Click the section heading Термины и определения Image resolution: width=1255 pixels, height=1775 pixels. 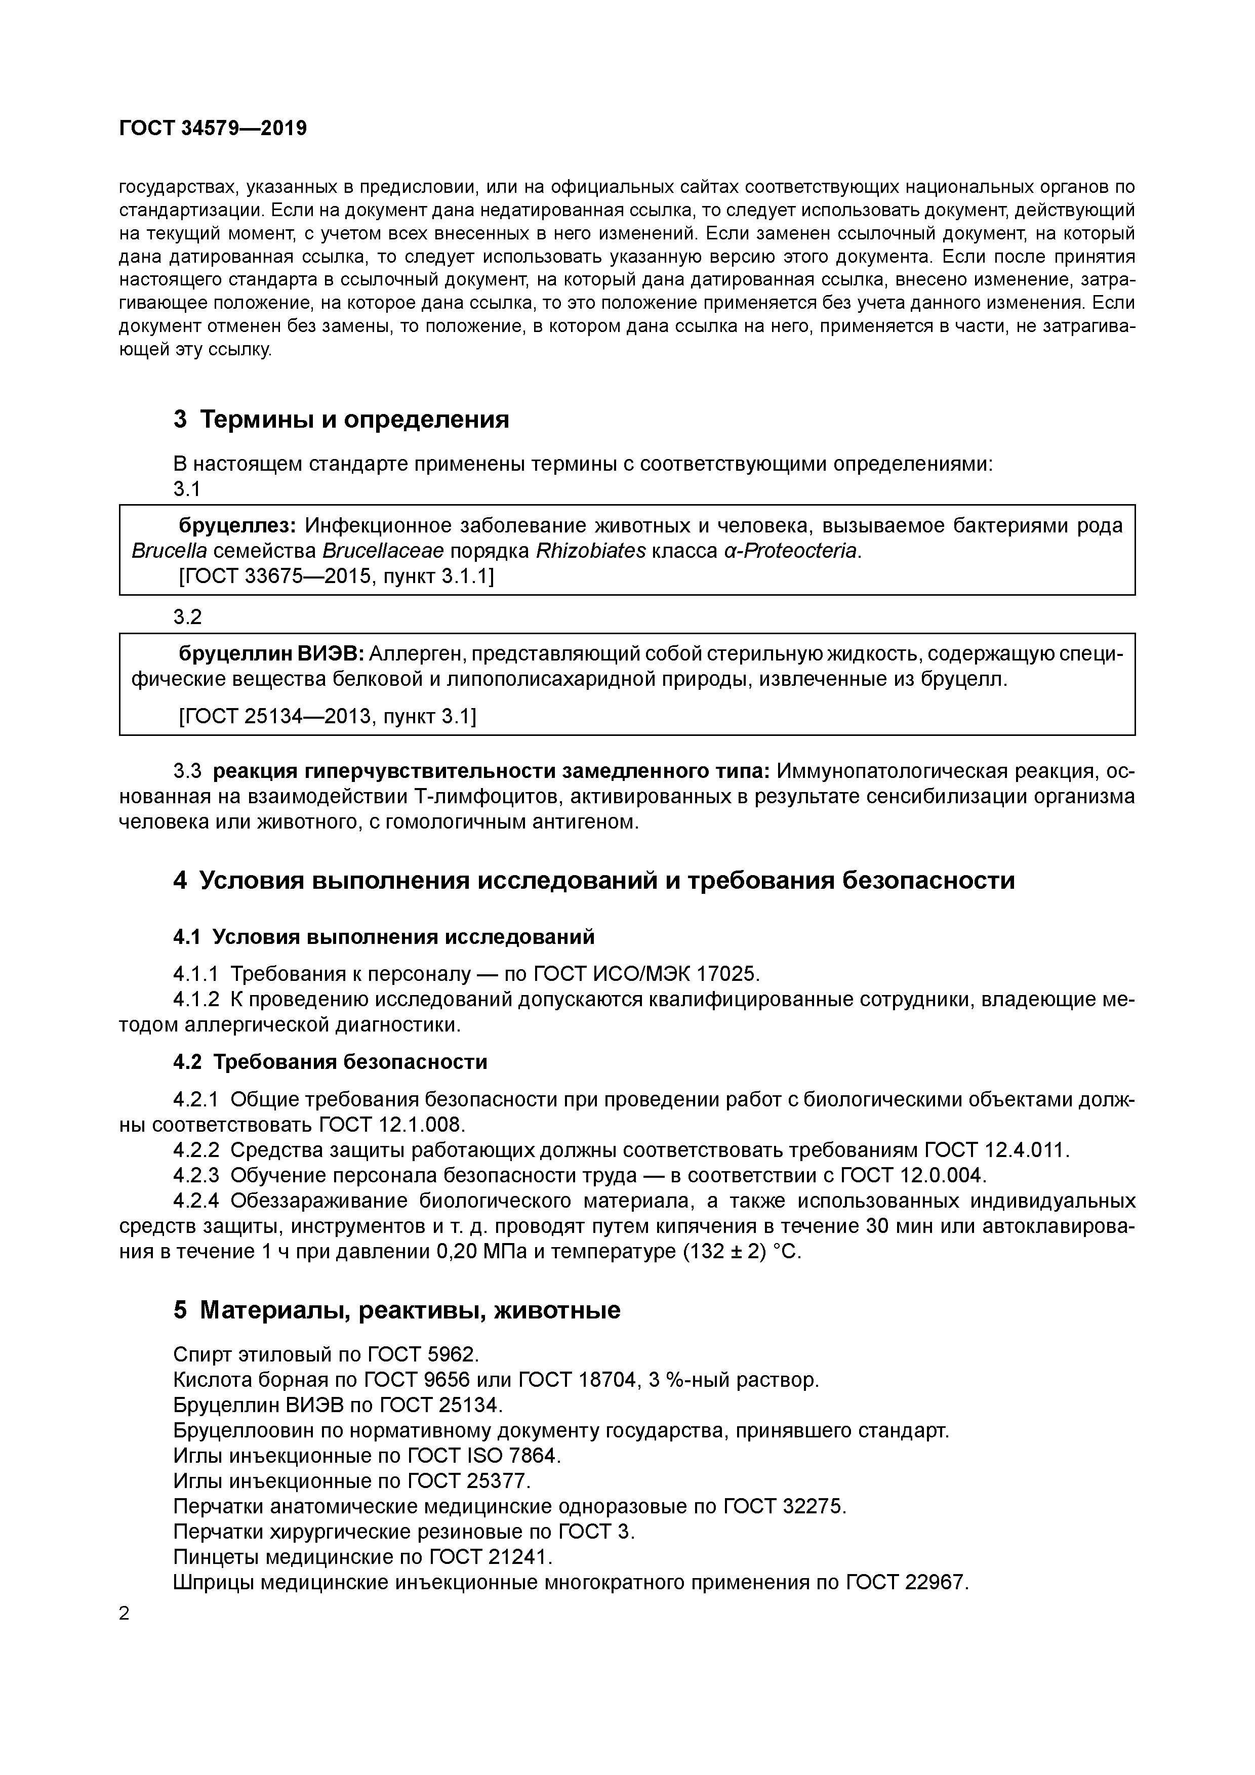[354, 419]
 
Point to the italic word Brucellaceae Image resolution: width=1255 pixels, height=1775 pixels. [383, 551]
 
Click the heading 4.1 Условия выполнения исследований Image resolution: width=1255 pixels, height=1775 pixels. [384, 936]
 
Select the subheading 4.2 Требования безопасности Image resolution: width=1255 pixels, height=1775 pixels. [330, 1061]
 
